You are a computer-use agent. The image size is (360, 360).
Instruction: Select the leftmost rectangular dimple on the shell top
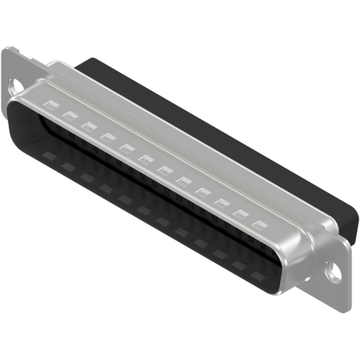51,104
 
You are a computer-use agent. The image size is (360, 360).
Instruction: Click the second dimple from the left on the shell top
70,115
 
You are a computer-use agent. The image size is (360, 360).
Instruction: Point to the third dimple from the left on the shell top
89,125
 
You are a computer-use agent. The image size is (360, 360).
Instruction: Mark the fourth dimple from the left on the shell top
107,136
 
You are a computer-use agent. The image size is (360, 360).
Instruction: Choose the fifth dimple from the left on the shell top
126,147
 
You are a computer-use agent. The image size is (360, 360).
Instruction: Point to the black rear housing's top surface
220,125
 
